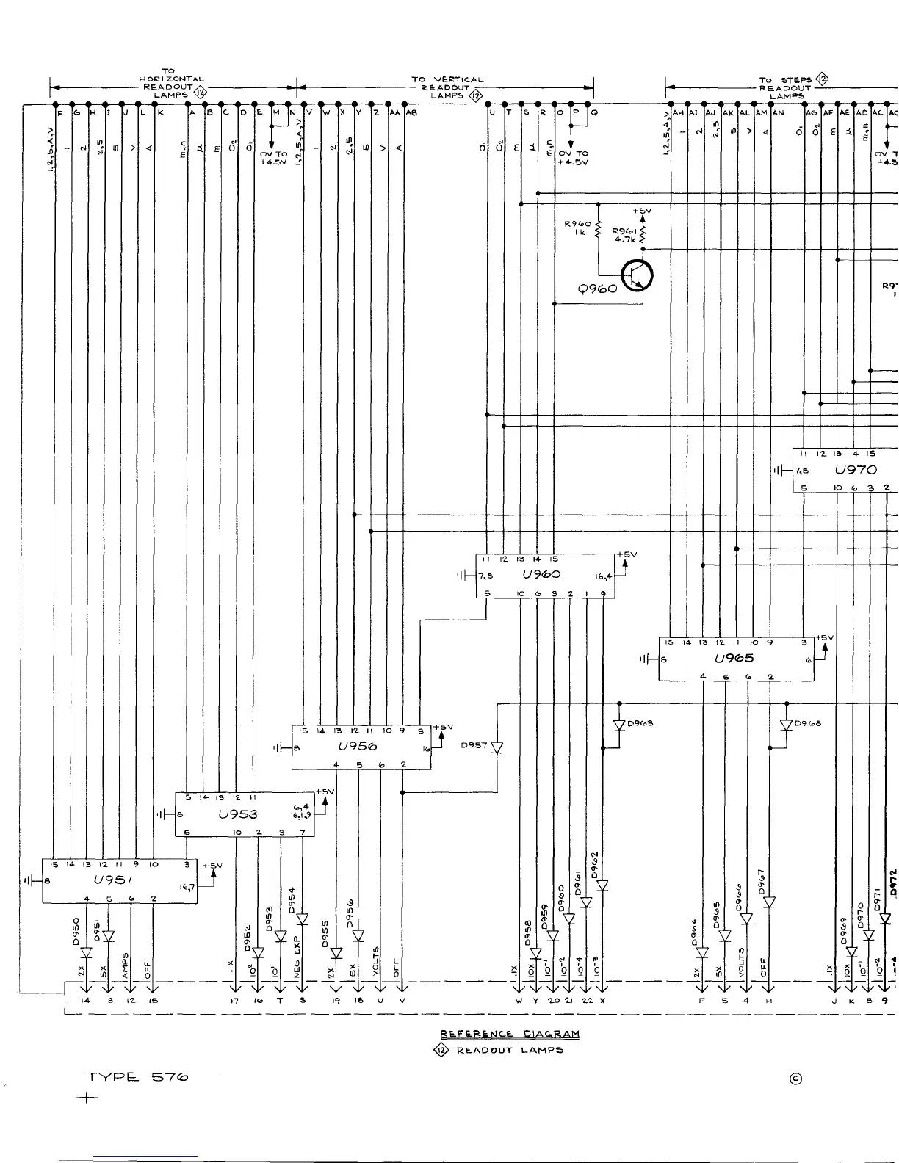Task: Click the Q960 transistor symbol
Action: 637,276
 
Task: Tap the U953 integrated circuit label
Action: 237,814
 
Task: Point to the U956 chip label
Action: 358,746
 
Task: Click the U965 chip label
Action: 734,658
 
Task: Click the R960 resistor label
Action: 577,228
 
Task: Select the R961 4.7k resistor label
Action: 624,234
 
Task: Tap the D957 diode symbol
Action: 497,747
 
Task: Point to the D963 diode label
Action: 640,723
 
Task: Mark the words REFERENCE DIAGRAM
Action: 510,1034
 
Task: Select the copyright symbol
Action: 795,1078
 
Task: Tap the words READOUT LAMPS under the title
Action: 510,1051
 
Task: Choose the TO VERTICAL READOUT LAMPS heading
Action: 447,87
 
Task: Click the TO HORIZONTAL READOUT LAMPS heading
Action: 172,83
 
